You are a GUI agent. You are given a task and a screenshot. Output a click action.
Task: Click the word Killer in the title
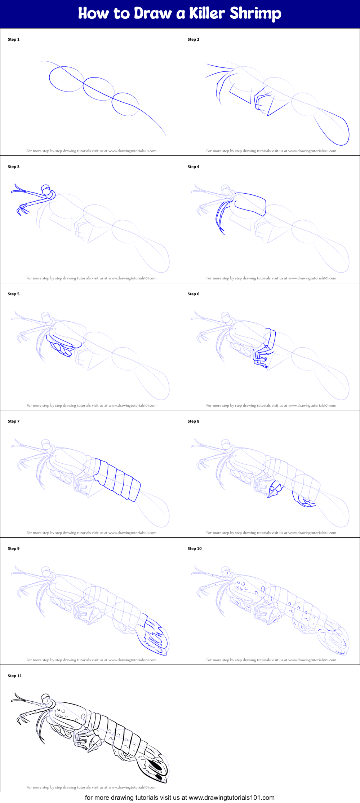(207, 13)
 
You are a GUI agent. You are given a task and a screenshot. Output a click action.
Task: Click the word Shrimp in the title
(255, 14)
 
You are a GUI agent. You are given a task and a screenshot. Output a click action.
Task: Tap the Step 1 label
(14, 39)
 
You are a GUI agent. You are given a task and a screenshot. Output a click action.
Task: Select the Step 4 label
(193, 167)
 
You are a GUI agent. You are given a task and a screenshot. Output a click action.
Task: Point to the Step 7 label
(14, 421)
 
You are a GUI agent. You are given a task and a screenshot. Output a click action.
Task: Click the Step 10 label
(195, 548)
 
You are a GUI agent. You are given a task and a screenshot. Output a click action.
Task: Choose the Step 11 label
(15, 676)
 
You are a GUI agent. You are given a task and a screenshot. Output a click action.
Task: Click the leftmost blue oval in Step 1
(66, 79)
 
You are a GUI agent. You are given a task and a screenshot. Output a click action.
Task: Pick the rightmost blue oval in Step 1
(125, 104)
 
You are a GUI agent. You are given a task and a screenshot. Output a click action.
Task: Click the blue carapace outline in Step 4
(250, 204)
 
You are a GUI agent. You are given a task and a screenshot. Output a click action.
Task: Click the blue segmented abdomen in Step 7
(117, 480)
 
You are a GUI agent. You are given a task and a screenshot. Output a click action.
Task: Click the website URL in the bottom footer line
(231, 797)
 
